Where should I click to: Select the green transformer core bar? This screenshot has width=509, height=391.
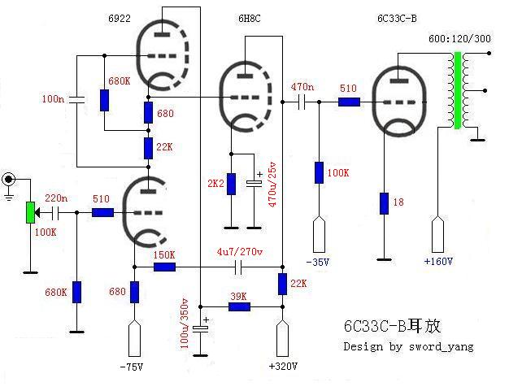[x=458, y=90]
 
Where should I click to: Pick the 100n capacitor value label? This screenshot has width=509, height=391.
[x=53, y=99]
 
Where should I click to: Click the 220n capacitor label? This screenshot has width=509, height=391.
[x=56, y=198]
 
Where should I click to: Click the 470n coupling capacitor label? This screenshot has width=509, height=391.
[x=301, y=86]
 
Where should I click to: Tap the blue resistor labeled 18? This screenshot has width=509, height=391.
[x=383, y=203]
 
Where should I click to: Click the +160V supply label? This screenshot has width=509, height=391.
[x=437, y=261]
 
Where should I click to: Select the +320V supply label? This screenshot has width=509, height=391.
[x=283, y=367]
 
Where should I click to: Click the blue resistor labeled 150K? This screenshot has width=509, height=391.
[x=165, y=267]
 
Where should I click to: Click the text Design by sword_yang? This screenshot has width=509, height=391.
[x=408, y=346]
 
